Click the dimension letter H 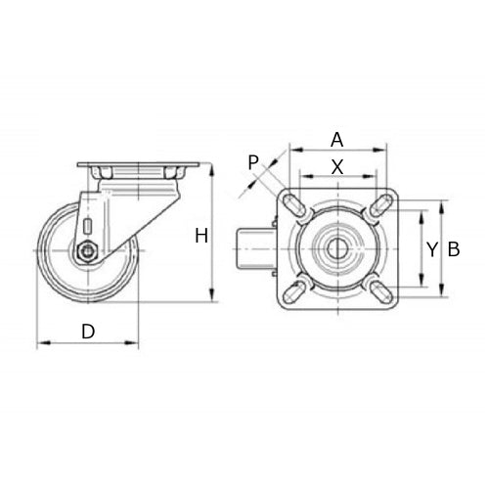click(x=200, y=235)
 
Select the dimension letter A click(x=336, y=138)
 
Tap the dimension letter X click(x=336, y=166)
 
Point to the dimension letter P click(x=253, y=161)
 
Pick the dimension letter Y click(x=431, y=249)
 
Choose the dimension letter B click(x=453, y=249)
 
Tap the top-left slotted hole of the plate click(x=294, y=204)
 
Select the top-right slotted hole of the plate click(x=379, y=204)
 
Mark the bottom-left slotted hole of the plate click(x=294, y=290)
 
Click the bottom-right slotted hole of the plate click(x=379, y=290)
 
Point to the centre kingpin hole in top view click(x=336, y=247)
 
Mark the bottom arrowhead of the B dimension click(x=442, y=293)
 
